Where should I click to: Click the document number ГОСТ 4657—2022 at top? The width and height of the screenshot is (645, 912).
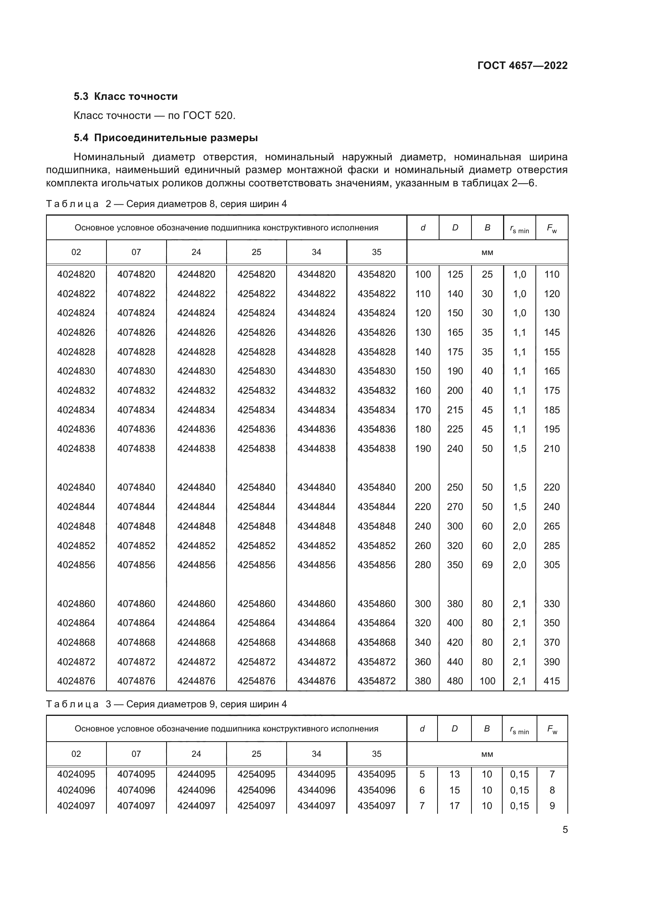point(522,66)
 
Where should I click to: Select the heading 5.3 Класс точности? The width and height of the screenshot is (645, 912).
point(126,97)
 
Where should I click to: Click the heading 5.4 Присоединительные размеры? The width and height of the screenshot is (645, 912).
point(166,138)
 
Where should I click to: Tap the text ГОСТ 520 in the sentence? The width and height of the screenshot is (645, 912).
point(208,115)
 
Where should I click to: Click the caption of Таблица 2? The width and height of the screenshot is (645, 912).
point(166,204)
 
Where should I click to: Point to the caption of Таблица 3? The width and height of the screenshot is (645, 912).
point(166,704)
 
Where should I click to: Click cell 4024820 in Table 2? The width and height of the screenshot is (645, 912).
point(76,274)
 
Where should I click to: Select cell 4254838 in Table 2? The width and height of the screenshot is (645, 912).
point(256,449)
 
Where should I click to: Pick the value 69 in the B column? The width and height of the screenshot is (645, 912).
point(487,565)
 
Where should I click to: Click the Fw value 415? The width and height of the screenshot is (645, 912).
point(552,681)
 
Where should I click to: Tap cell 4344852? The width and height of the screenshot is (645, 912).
point(316,546)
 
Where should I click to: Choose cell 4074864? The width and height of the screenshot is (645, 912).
point(136,623)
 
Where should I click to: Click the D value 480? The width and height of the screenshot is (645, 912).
point(455,681)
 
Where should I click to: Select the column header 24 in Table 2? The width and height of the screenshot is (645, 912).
point(196,252)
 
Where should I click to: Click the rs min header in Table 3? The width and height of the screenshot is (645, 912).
point(519,729)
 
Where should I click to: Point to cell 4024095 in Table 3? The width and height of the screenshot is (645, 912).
point(76,774)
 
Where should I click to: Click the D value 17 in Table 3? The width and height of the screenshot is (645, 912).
point(454,806)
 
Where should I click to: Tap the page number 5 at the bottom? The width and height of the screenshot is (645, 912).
point(565,830)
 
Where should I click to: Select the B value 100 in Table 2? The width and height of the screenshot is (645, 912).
point(487,681)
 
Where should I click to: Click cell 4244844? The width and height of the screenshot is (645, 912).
point(196,507)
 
